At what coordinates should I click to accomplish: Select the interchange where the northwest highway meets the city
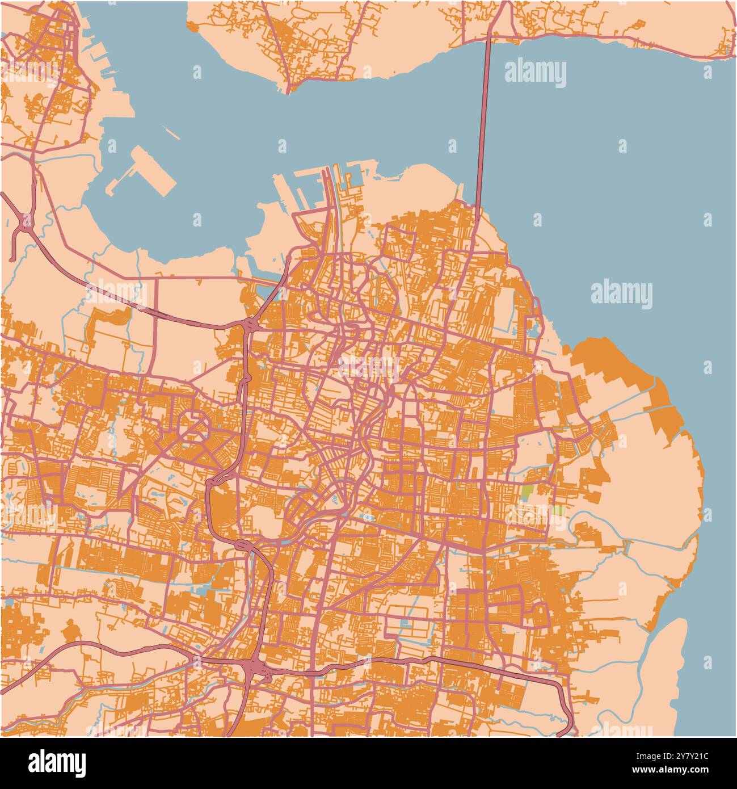[249, 325]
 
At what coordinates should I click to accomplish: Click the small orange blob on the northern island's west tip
[193, 26]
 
